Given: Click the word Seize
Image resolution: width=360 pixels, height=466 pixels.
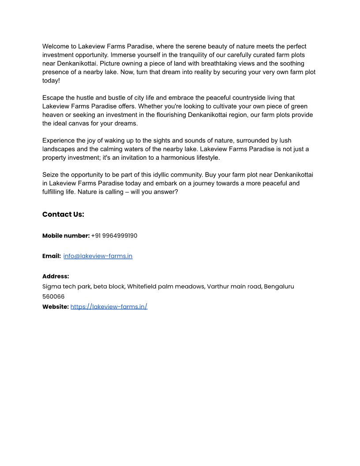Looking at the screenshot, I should coord(51,175).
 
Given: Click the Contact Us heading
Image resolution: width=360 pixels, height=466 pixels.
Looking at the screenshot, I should coord(63,214).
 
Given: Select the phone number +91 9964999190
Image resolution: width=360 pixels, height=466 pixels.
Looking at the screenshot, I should coord(114,236).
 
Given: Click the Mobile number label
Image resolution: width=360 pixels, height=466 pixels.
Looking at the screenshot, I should coord(66,236).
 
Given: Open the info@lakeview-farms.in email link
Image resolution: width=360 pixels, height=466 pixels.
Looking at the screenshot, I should coord(98,256).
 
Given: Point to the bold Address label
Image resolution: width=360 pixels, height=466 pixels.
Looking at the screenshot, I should coord(56,276).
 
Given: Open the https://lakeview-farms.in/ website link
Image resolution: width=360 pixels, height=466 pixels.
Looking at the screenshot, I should coord(109,307).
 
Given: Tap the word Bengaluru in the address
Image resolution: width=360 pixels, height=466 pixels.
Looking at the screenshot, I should coord(279,286).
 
